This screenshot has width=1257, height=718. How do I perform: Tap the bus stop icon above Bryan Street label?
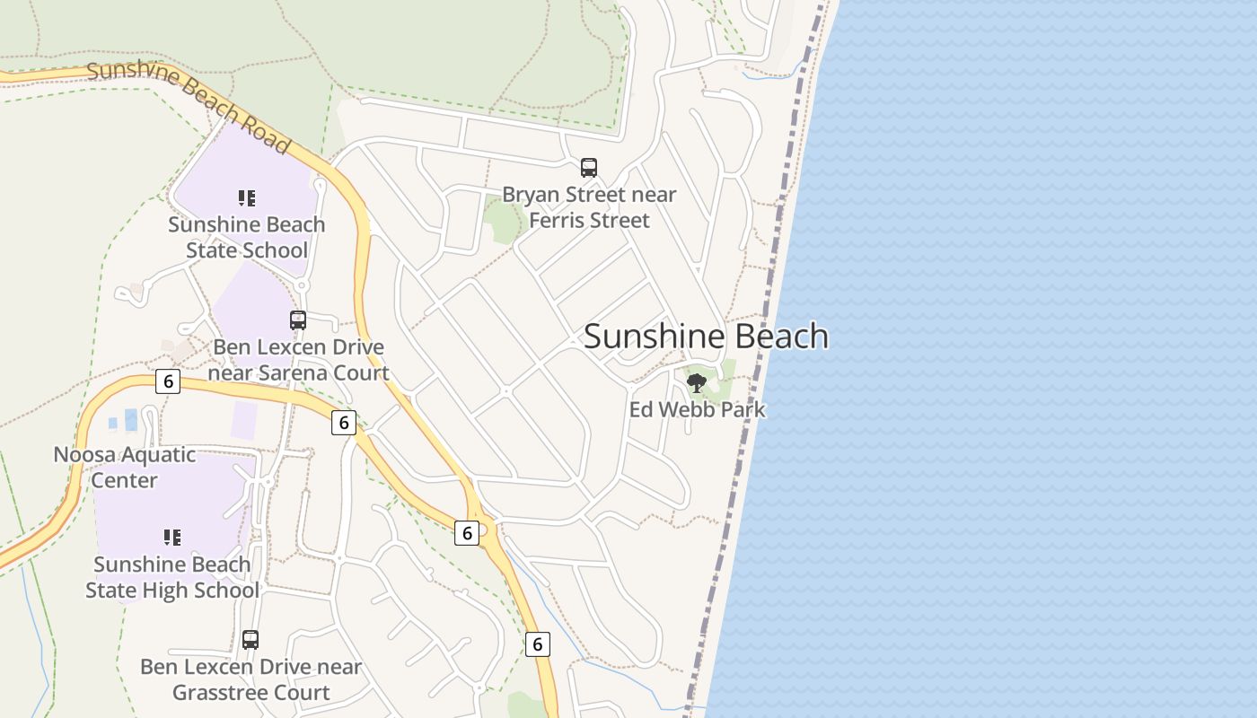[x=589, y=167]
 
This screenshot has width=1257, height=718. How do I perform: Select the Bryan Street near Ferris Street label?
[x=589, y=207]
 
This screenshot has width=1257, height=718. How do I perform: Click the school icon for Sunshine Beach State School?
[x=247, y=197]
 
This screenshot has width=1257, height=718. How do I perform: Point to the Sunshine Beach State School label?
[x=247, y=237]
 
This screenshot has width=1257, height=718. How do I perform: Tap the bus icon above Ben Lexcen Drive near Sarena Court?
[x=298, y=320]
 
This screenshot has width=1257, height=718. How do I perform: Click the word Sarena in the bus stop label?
[x=293, y=373]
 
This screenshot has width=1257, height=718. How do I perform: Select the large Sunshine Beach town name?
[x=706, y=336]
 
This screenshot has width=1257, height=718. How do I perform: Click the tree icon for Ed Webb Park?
[x=696, y=384]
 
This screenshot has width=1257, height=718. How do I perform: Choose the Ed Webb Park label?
[x=697, y=410]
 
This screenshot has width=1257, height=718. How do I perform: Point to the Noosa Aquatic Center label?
[x=124, y=467]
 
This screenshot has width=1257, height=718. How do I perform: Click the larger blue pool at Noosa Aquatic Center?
[x=131, y=419]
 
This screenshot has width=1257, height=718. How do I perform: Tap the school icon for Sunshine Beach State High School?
[x=172, y=538]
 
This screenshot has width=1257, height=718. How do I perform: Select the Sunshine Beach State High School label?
[x=172, y=577]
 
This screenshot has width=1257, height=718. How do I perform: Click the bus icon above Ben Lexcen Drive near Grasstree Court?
[x=251, y=640]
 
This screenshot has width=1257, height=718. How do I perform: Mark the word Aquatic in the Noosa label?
[x=154, y=454]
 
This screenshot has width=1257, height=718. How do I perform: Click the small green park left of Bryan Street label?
[x=502, y=220]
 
